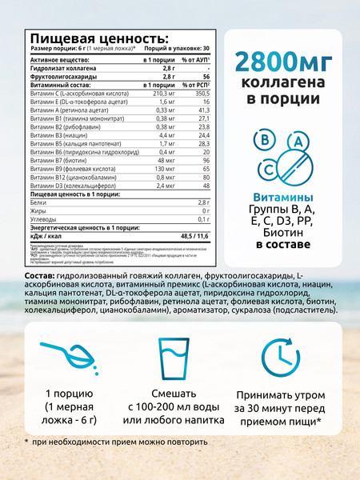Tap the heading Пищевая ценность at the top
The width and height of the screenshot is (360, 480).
click(98, 38)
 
